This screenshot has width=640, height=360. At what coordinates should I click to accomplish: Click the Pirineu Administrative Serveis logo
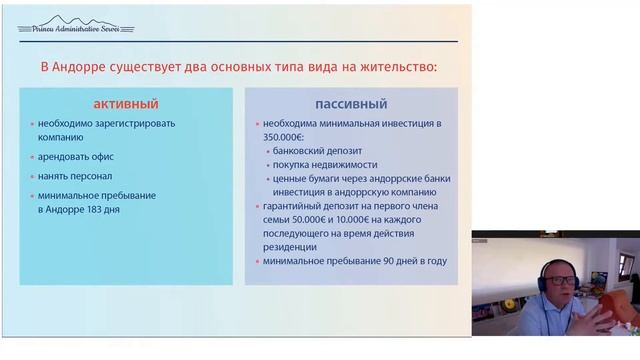pos(69,24)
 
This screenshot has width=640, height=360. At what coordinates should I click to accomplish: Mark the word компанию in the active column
pos(61,139)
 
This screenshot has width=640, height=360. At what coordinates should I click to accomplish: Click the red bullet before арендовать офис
pos(32,158)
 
